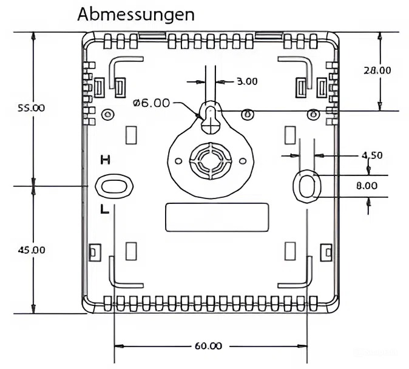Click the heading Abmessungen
(136, 14)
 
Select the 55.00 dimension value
(31, 108)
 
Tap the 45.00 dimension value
(31, 249)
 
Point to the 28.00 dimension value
(377, 70)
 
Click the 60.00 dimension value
(208, 346)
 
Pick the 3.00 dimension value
(246, 81)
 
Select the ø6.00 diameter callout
(151, 103)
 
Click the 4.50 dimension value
(372, 155)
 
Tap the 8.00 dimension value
(367, 186)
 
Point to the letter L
(104, 210)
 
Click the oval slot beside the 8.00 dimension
(307, 185)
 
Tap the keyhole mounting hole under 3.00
(209, 117)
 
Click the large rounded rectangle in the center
(217, 217)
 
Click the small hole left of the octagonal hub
(178, 161)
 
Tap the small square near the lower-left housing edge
(94, 250)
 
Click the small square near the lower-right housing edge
(325, 250)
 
